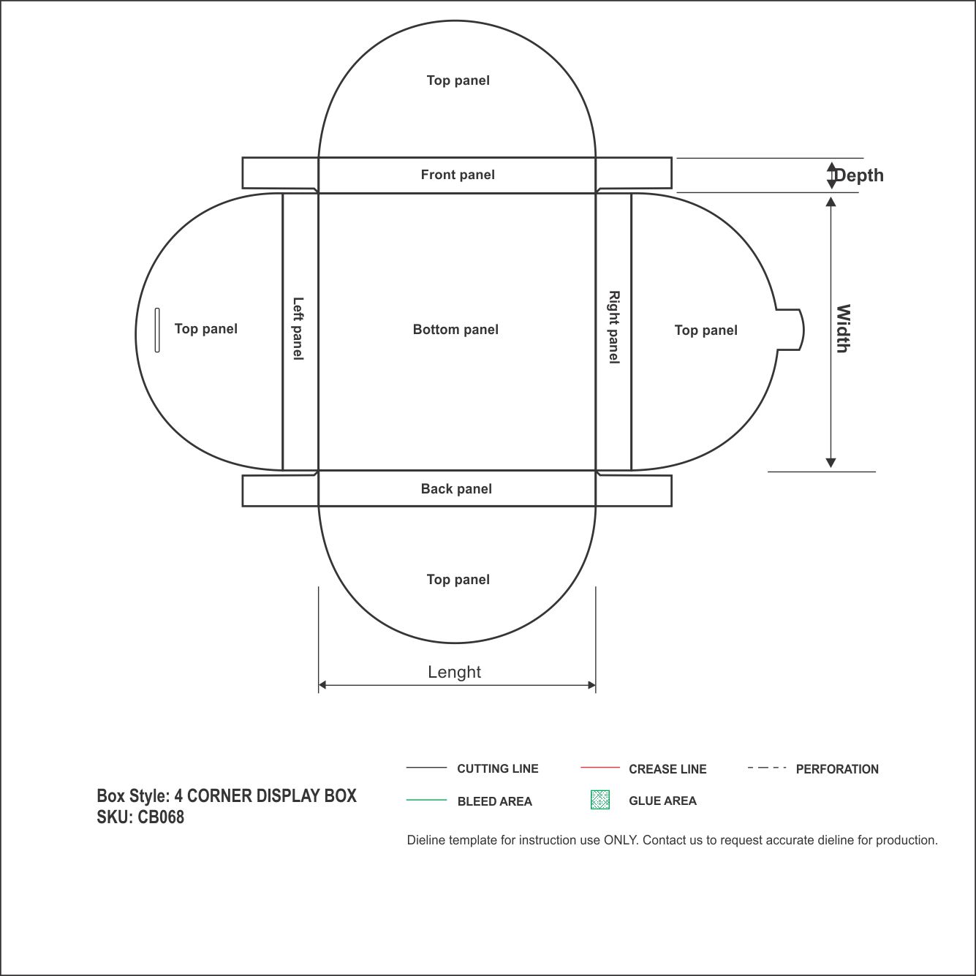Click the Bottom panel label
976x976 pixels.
[x=455, y=330]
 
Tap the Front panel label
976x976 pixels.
[x=458, y=175]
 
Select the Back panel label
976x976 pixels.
[x=456, y=489]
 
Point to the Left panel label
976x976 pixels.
[x=298, y=329]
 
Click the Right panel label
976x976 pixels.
[x=614, y=328]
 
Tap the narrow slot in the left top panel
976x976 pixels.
[x=157, y=330]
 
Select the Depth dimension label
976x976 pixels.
[x=858, y=175]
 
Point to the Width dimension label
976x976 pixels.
[x=842, y=329]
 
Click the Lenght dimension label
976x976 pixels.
[x=454, y=672]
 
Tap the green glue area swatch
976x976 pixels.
[x=600, y=800]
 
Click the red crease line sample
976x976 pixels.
[x=600, y=768]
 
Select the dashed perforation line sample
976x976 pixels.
[x=767, y=768]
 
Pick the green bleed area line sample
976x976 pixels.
[x=426, y=800]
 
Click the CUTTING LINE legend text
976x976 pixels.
[x=497, y=769]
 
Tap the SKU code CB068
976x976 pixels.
[x=161, y=817]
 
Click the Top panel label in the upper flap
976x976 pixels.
[x=458, y=80]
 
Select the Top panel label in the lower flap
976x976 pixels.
[x=458, y=580]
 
